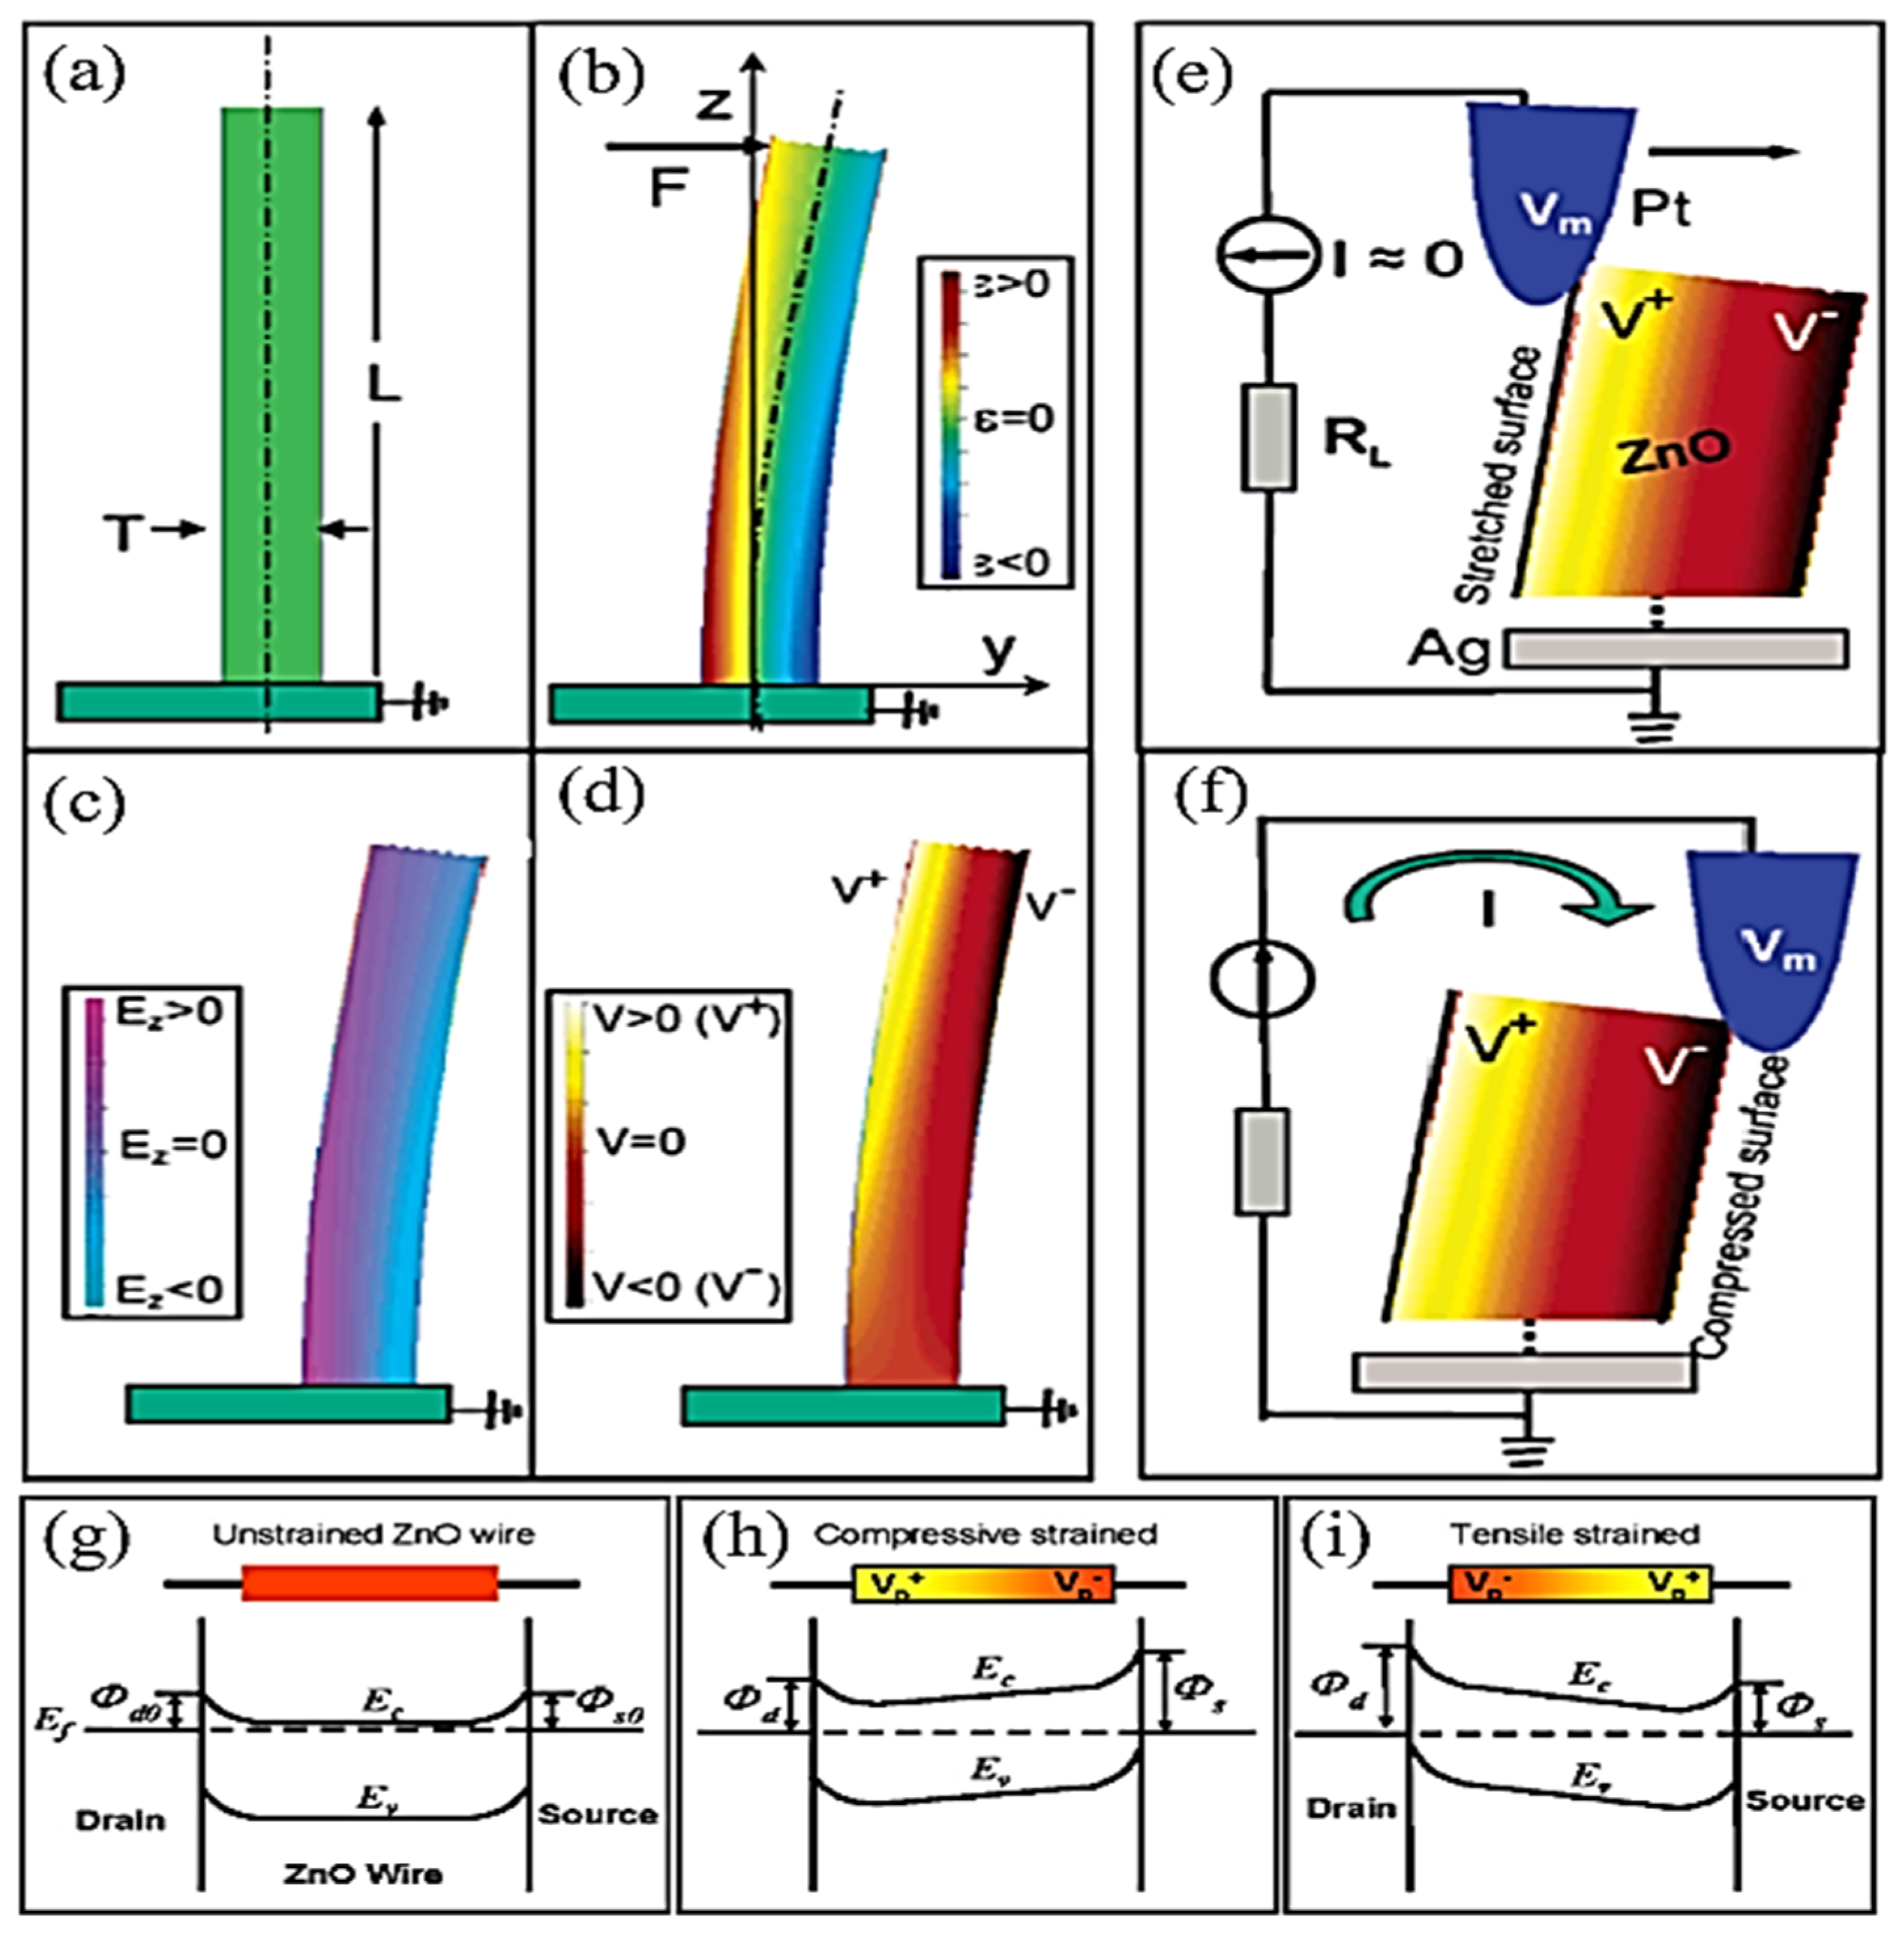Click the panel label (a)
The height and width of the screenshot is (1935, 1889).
85,75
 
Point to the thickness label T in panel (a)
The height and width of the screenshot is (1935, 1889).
123,536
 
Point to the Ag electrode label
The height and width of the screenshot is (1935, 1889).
1449,650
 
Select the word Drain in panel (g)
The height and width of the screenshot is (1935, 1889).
120,1820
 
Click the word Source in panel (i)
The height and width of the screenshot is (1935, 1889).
1804,1800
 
